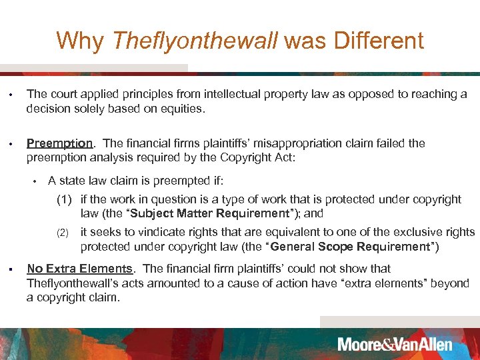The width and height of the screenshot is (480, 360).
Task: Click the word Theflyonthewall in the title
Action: pyautogui.click(x=195, y=41)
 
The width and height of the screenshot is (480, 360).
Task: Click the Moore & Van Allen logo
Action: pyautogui.click(x=395, y=344)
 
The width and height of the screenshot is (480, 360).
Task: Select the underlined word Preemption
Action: pyautogui.click(x=59, y=143)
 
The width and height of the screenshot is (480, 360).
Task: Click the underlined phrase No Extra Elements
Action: pyautogui.click(x=79, y=269)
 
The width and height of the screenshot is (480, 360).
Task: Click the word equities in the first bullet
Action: pyautogui.click(x=181, y=109)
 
